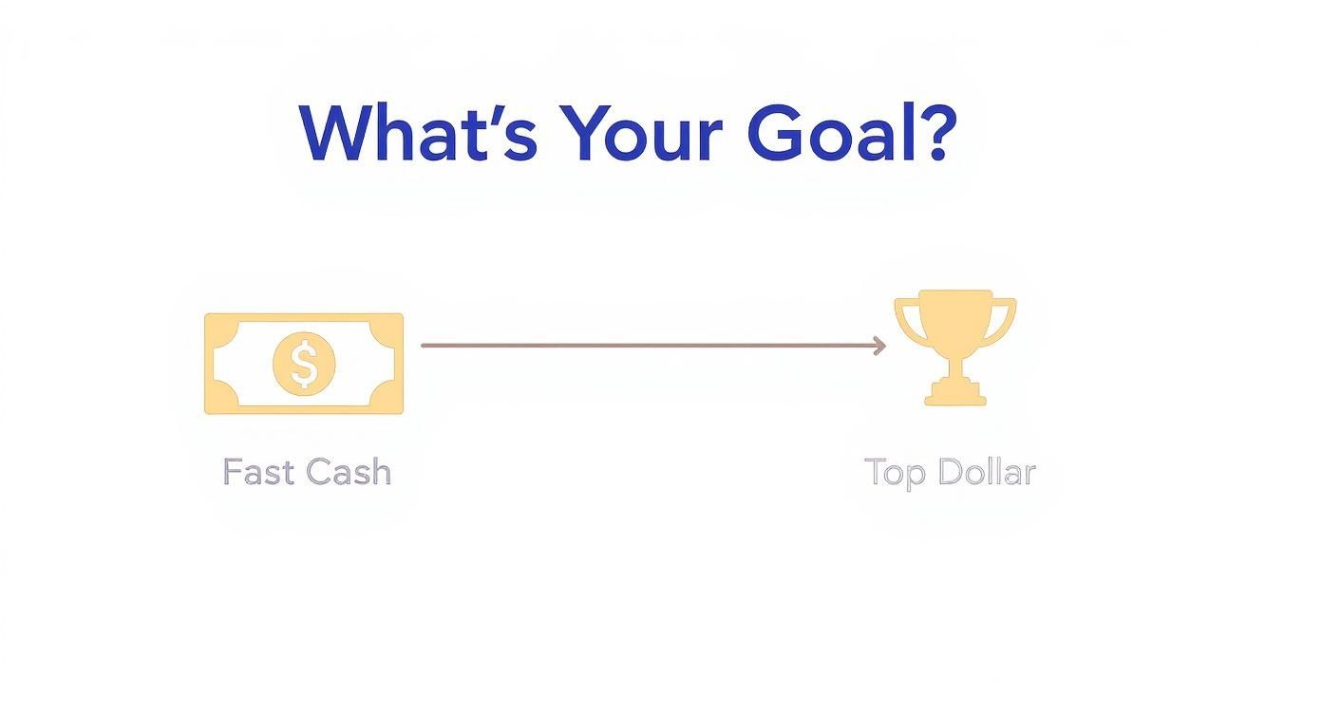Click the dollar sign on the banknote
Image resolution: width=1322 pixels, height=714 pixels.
pyautogui.click(x=304, y=364)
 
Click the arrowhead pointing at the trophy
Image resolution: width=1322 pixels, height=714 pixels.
pyautogui.click(x=879, y=346)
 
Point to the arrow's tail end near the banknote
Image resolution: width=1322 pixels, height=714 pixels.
pyautogui.click(x=425, y=346)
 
